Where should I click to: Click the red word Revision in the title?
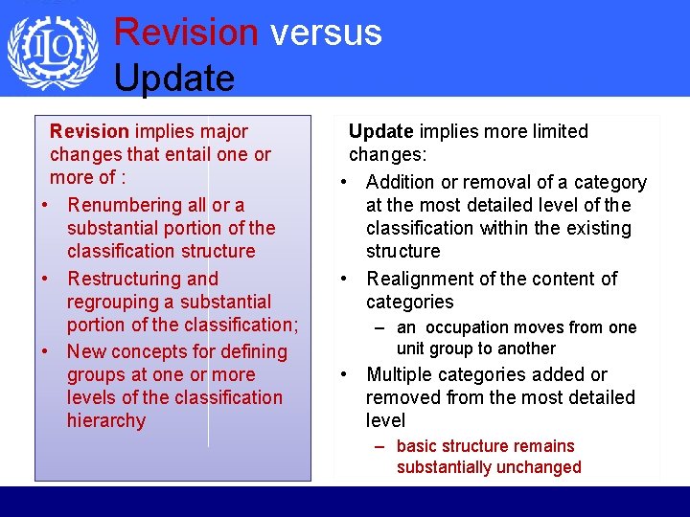[186, 32]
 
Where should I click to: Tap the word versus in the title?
[326, 32]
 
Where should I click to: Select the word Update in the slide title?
[174, 78]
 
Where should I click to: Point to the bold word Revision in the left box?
[89, 131]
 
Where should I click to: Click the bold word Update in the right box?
[380, 131]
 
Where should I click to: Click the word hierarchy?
[106, 420]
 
